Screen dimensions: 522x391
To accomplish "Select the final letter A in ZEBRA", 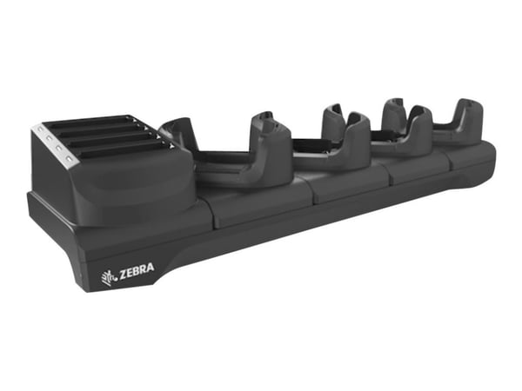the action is click(151, 268).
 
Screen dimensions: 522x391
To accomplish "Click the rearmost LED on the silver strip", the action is click(41, 128).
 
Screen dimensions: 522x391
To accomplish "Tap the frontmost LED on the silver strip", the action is click(70, 157).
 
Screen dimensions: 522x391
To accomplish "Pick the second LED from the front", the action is click(58, 147).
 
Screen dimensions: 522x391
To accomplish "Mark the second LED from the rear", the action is click(49, 136).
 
